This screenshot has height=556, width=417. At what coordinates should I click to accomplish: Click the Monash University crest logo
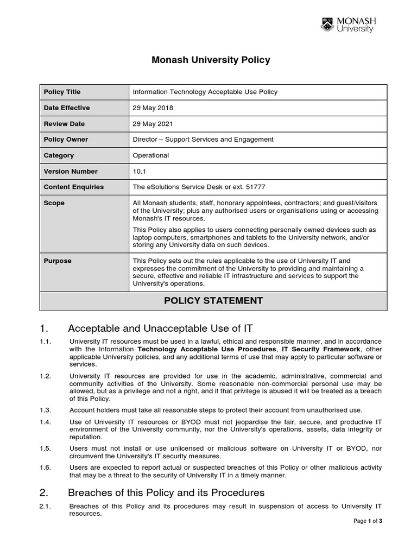[327, 24]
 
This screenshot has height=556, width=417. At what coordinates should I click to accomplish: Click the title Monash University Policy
[211, 60]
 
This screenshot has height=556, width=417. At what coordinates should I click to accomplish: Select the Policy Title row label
[62, 92]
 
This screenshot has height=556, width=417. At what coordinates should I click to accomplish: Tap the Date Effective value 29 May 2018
[153, 108]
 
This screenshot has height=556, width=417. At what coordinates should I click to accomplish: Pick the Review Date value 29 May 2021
[153, 123]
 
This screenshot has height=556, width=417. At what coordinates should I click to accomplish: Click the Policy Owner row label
[66, 140]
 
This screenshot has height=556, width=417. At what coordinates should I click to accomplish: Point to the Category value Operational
[151, 155]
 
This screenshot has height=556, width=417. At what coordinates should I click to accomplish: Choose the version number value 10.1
[140, 171]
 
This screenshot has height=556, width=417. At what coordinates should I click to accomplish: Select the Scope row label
[54, 203]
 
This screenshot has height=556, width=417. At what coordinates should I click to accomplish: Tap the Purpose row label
[58, 261]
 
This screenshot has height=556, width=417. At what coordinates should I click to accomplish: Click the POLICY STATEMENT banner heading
[213, 301]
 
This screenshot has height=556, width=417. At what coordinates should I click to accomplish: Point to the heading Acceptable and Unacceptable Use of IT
[160, 328]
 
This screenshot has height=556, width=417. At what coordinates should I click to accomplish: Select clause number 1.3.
[45, 409]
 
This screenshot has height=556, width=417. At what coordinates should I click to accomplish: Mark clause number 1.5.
[45, 448]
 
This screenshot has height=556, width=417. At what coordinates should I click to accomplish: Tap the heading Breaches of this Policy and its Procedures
[166, 492]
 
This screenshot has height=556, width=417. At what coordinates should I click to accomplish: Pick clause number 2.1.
[45, 506]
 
